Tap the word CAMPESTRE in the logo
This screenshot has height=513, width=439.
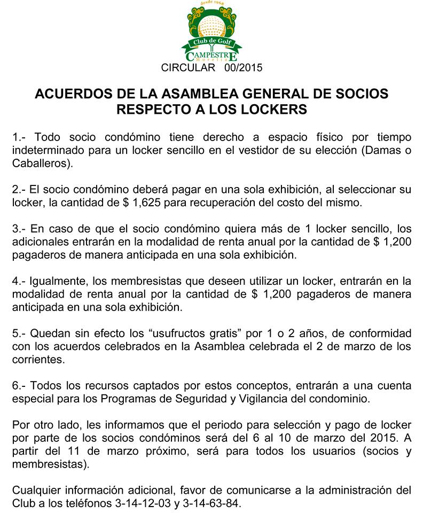click(211, 56)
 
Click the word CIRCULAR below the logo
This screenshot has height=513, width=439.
click(187, 68)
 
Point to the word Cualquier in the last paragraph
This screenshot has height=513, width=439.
click(35, 490)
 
